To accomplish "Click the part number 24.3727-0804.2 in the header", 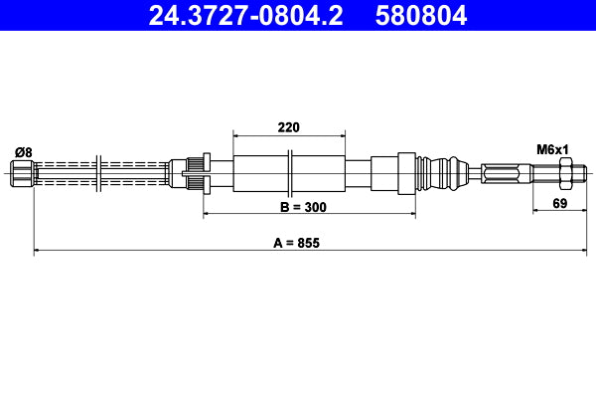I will point(247,16).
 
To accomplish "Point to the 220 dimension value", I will point(289,126).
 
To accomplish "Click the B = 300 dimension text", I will point(303,207).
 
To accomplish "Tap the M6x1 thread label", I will point(552,149).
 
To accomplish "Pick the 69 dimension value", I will point(559,204).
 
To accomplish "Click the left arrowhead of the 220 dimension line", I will point(235,133).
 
